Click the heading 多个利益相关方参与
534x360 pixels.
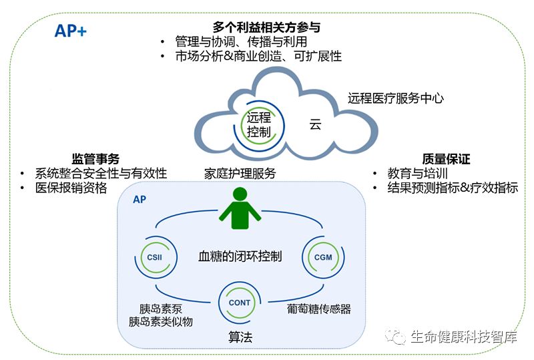tap(266, 27)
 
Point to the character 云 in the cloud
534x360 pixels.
tap(315, 124)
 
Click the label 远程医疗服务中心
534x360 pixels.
tap(395, 98)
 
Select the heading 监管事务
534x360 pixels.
tap(95, 159)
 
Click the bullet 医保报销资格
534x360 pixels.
tap(71, 188)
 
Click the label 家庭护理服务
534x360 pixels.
tap(240, 174)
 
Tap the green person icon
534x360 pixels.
tap(240, 209)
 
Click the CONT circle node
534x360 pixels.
tap(239, 303)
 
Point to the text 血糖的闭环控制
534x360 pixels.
tap(240, 256)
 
